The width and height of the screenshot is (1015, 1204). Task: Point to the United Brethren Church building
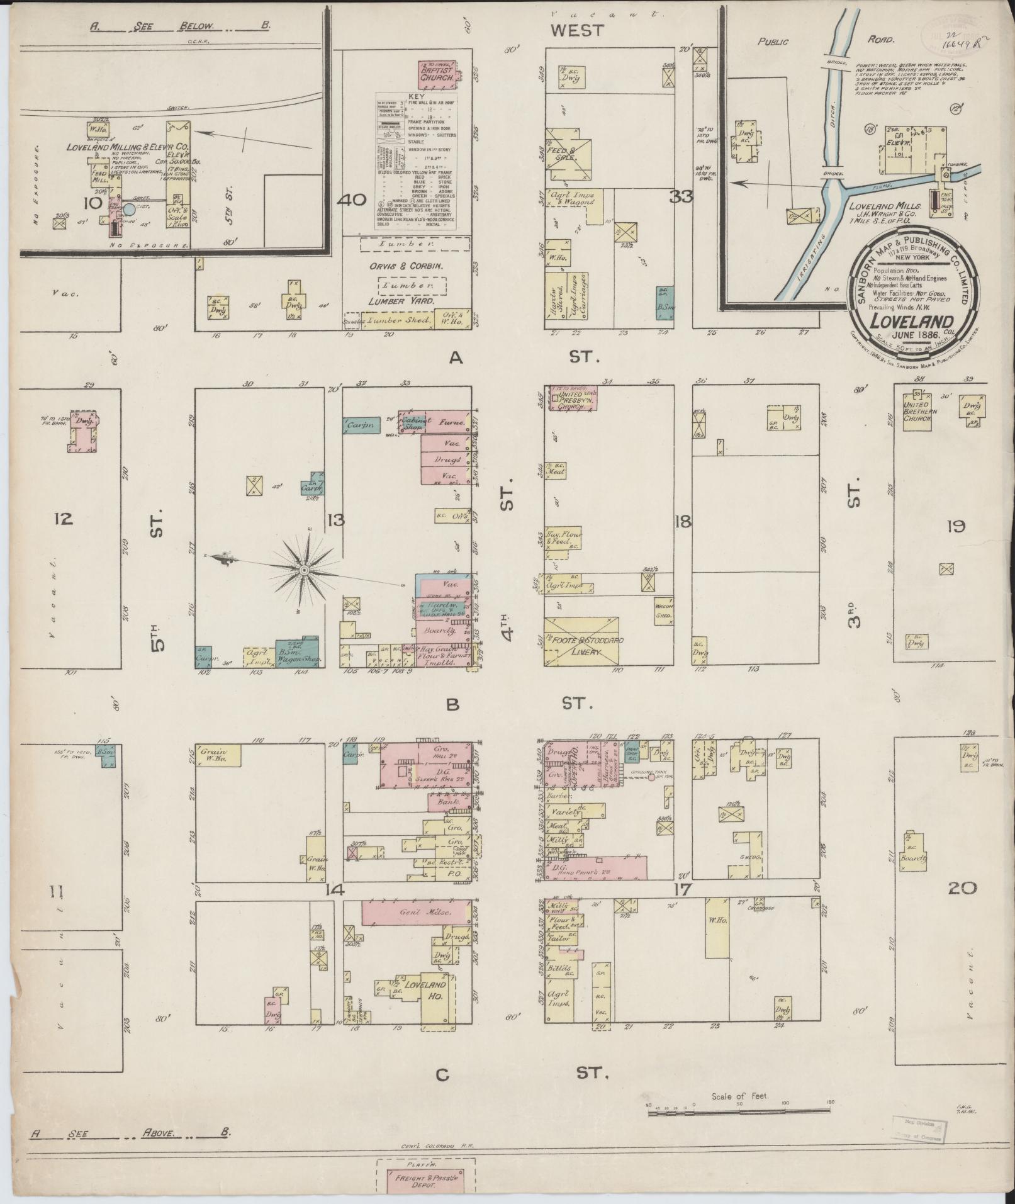pyautogui.click(x=919, y=412)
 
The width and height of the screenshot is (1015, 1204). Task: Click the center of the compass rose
pyautogui.click(x=304, y=570)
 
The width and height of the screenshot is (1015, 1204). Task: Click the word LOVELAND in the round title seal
pyautogui.click(x=911, y=321)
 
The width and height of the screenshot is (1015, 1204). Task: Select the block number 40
pyautogui.click(x=352, y=200)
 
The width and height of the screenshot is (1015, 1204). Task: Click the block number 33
pyautogui.click(x=681, y=196)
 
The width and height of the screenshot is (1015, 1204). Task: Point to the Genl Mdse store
pyautogui.click(x=415, y=913)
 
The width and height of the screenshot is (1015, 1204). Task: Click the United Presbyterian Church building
pyautogui.click(x=572, y=398)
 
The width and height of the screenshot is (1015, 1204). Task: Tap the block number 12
pyautogui.click(x=64, y=518)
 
